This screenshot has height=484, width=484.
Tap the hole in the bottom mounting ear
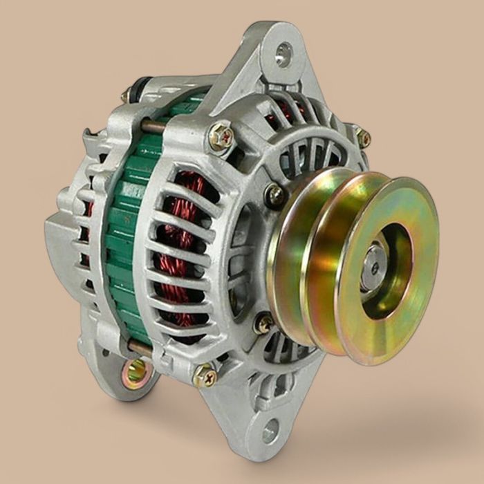click(x=270, y=430)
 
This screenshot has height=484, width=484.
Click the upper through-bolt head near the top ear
click(x=221, y=136)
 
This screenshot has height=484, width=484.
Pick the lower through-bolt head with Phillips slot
click(x=204, y=375)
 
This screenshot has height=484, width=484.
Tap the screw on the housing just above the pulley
click(x=275, y=195)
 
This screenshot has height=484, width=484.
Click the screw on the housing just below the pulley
click(x=263, y=323)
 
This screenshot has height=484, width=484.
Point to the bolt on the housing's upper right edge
click(x=362, y=137)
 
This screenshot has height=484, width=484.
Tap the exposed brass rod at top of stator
click(x=152, y=126)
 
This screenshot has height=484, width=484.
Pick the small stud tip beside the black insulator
click(x=125, y=97)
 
